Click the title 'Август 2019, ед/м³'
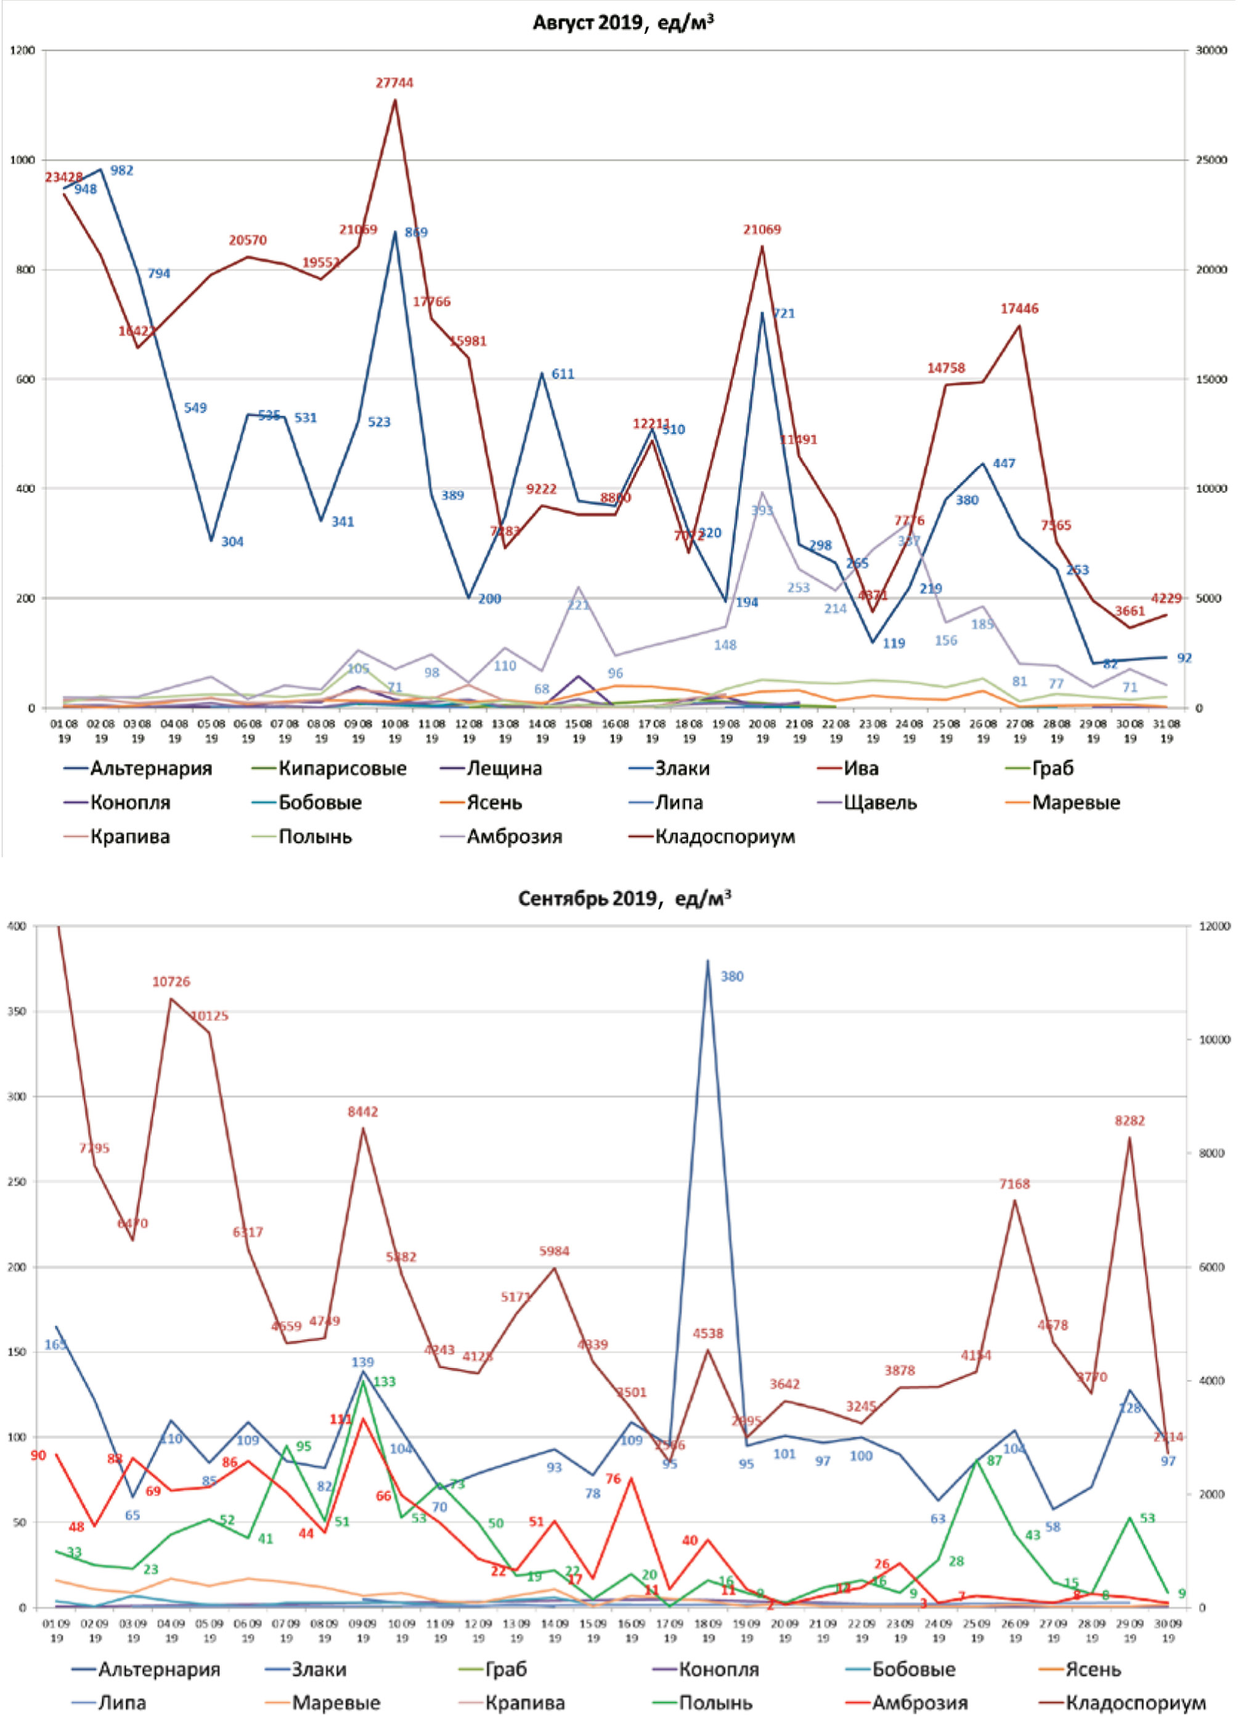tap(623, 23)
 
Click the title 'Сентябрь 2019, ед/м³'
tap(624, 899)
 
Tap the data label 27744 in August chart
tap(394, 83)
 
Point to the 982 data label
tap(121, 171)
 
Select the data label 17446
tap(1019, 308)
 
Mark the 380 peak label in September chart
tap(732, 977)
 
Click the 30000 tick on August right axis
tap(1212, 50)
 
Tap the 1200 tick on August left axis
tap(23, 50)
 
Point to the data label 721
tap(784, 314)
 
